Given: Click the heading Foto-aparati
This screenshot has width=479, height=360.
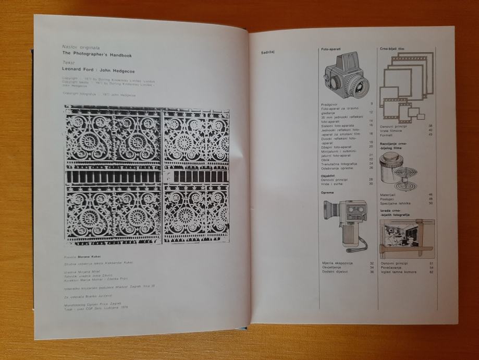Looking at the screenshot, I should [x=331, y=49].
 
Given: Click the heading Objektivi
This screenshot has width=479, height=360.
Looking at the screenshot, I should [x=328, y=176].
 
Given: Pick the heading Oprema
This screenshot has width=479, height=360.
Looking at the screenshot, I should [x=327, y=192].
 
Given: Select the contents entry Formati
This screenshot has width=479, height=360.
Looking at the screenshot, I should [x=387, y=135].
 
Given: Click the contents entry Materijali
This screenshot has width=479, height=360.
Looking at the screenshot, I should [x=389, y=194].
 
